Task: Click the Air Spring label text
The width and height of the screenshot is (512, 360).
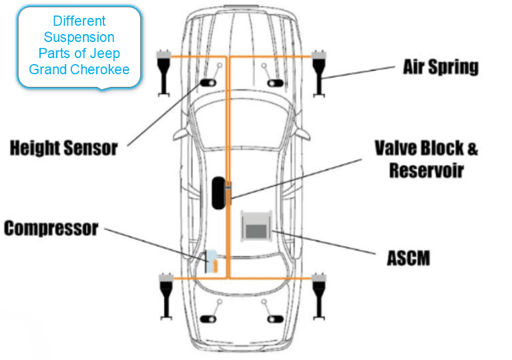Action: (441, 67)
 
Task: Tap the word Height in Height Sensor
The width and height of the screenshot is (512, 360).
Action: (35, 148)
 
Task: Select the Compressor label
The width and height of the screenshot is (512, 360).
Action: (51, 229)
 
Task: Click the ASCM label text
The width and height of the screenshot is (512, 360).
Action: (408, 258)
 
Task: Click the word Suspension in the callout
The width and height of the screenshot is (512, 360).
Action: (79, 37)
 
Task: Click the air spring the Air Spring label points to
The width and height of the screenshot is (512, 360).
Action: (321, 71)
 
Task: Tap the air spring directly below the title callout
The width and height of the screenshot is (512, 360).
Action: (162, 71)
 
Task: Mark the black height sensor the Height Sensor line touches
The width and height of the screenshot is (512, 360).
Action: (206, 83)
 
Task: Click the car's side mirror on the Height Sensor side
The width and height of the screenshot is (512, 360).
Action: (178, 134)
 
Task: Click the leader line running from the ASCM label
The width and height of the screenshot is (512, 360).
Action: (327, 244)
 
